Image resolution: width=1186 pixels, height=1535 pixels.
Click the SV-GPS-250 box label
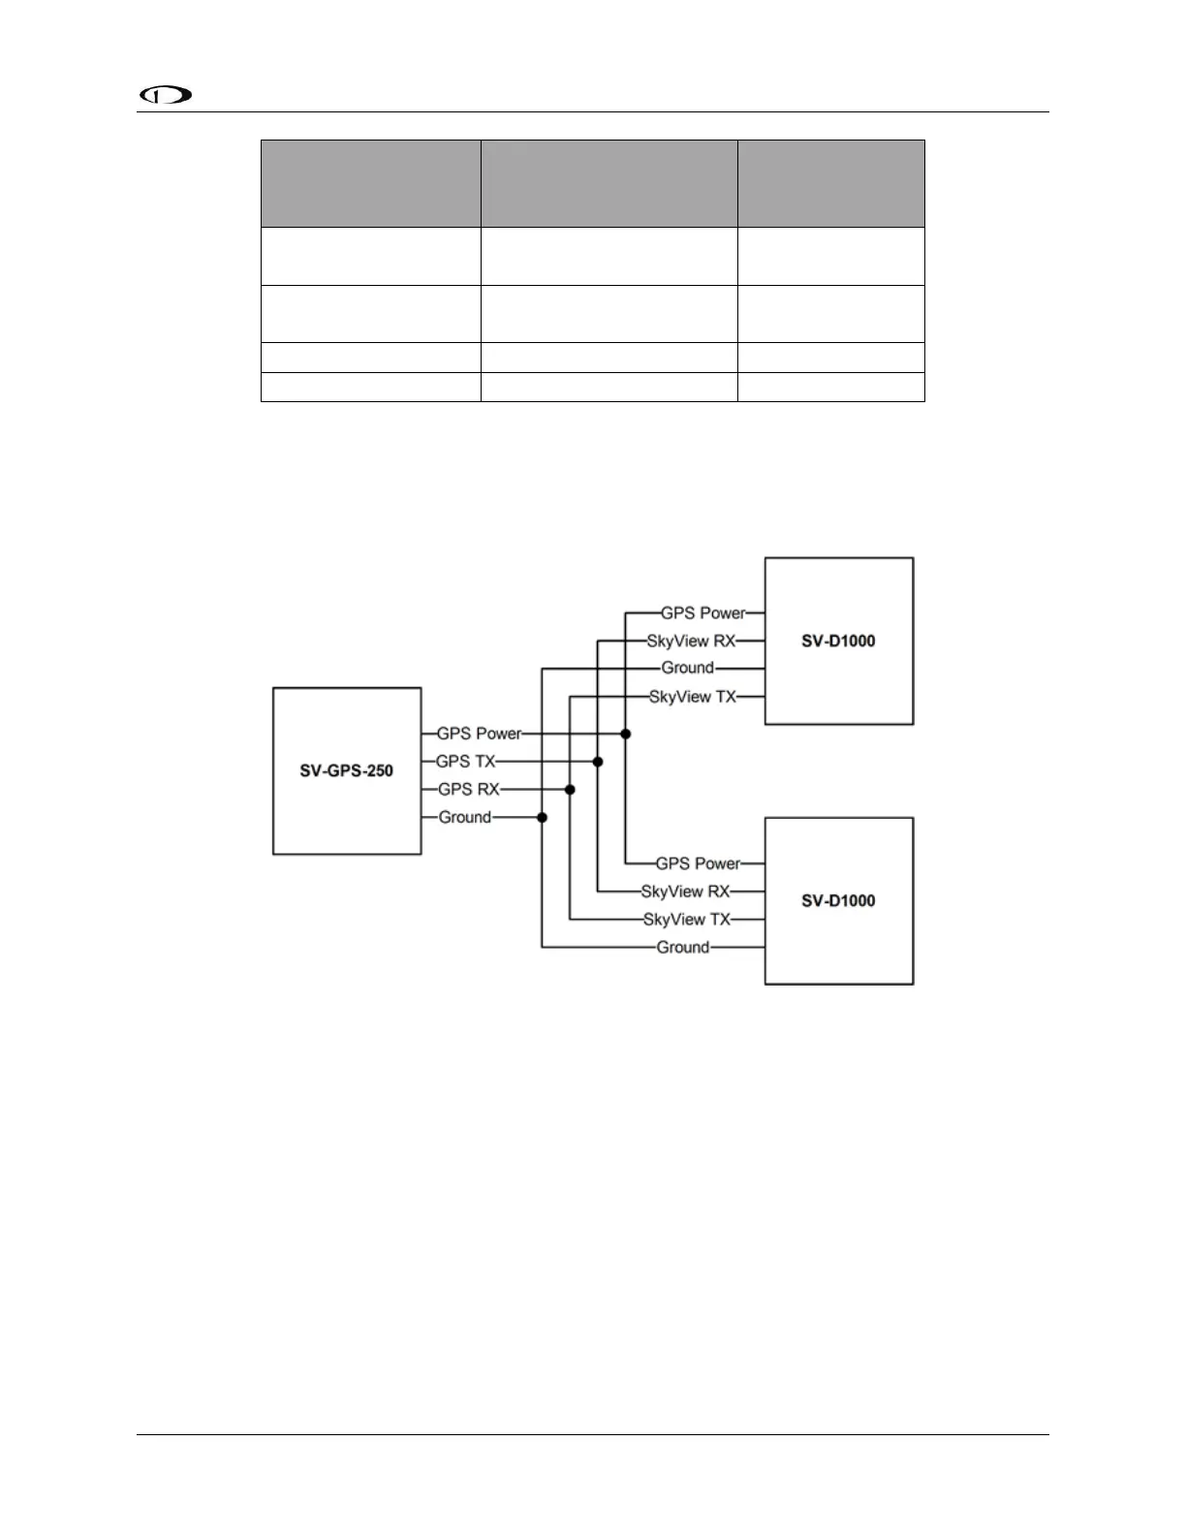click(346, 771)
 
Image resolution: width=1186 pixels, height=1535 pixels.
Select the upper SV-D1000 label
click(838, 641)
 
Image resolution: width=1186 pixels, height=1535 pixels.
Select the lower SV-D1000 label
click(838, 900)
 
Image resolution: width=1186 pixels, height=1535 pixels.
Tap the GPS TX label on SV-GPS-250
click(465, 762)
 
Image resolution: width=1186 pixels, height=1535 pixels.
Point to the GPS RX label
click(468, 789)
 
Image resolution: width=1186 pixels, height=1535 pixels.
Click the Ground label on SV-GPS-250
click(464, 817)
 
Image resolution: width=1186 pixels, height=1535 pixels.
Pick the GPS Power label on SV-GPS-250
click(479, 734)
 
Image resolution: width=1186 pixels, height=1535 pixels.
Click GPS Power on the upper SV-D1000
click(702, 612)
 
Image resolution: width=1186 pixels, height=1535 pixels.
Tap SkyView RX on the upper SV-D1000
click(691, 641)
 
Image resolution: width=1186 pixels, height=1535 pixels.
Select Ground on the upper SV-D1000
click(687, 668)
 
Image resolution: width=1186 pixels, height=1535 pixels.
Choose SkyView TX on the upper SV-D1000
click(692, 696)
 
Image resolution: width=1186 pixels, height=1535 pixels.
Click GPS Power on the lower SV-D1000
click(698, 863)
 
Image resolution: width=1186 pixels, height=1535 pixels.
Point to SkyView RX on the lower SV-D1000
click(685, 892)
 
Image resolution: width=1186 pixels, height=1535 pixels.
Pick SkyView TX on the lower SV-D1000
click(686, 919)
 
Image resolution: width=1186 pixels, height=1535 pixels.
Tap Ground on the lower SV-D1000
click(682, 947)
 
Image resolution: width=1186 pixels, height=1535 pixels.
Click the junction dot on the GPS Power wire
click(626, 735)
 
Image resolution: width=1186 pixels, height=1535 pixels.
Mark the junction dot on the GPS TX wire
click(598, 762)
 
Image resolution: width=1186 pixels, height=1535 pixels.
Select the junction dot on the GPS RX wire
click(570, 790)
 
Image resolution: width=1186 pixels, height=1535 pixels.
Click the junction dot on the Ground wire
click(542, 818)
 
